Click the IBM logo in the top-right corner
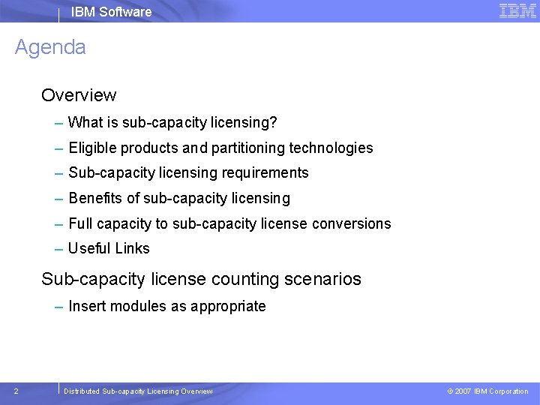click(x=517, y=10)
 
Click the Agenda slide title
click(x=50, y=47)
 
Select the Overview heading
click(x=79, y=95)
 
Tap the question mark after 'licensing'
click(x=274, y=122)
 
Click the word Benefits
click(x=93, y=198)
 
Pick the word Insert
click(x=85, y=306)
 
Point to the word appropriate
click(x=228, y=307)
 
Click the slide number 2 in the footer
click(x=16, y=391)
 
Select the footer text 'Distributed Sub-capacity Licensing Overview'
click(x=138, y=391)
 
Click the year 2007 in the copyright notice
click(x=463, y=391)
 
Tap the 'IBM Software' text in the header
click(x=111, y=12)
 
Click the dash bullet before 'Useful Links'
click(x=59, y=248)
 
